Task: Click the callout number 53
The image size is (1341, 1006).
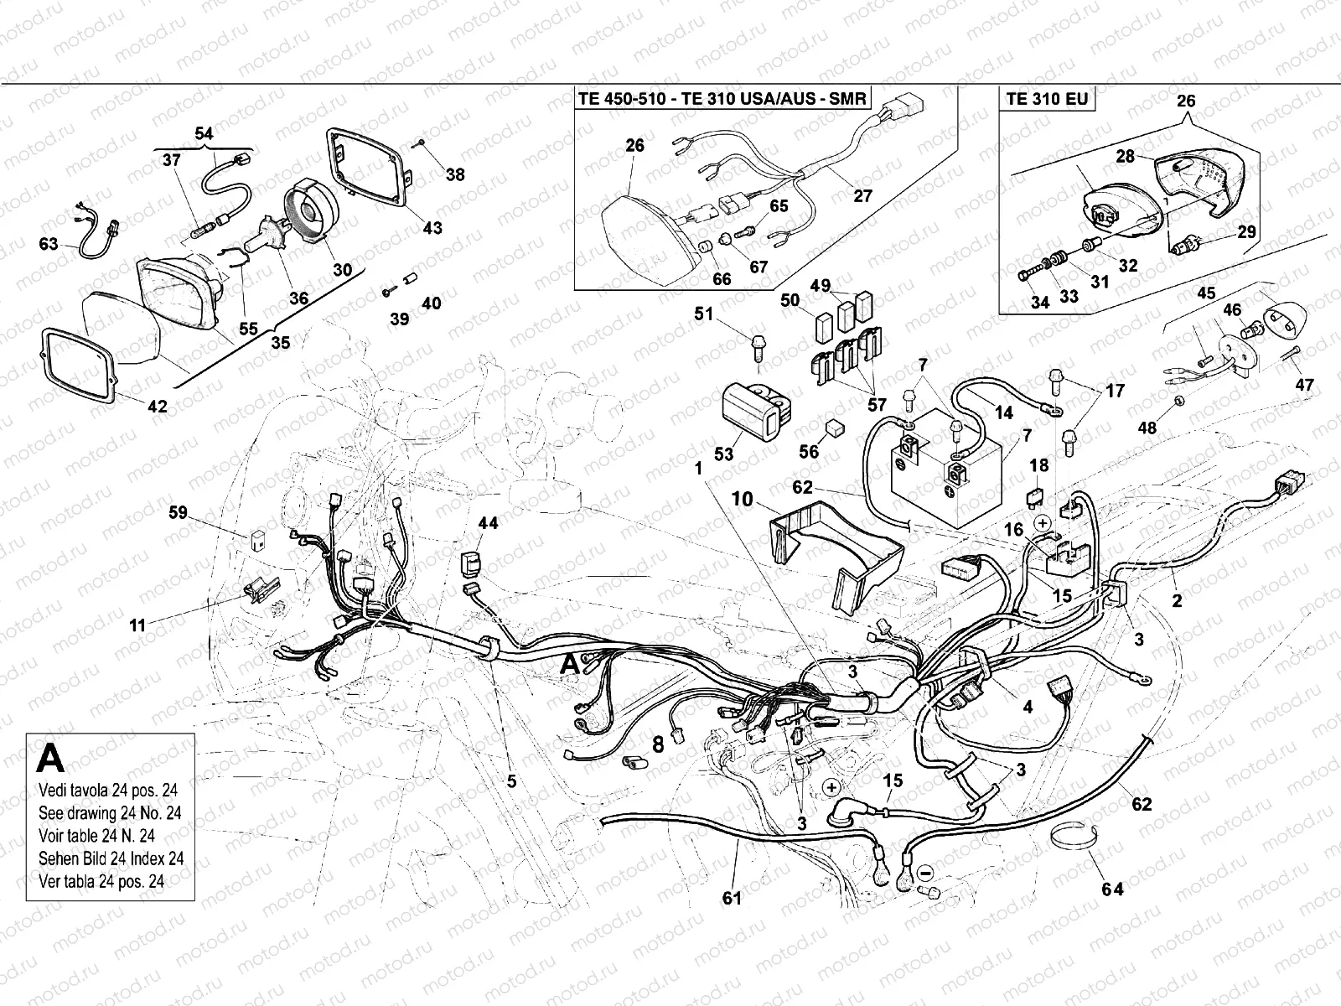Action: click(x=723, y=454)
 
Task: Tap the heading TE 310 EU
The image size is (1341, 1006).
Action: click(x=1047, y=99)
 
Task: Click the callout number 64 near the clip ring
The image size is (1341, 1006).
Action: click(x=1112, y=889)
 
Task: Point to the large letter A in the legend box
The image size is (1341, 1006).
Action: click(x=51, y=759)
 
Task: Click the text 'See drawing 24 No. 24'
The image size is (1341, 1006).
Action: click(x=110, y=813)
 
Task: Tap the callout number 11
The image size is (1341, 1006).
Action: click(x=137, y=625)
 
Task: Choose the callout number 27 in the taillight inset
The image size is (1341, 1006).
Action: click(x=862, y=196)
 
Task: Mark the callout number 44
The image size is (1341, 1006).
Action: click(x=488, y=523)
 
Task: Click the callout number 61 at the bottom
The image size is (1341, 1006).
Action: click(x=733, y=900)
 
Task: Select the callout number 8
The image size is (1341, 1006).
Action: click(x=658, y=743)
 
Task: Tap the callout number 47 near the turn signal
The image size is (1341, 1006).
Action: click(x=1304, y=385)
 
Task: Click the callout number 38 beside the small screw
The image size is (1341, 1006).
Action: click(x=454, y=174)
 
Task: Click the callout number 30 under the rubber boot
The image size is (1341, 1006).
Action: click(x=342, y=270)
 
